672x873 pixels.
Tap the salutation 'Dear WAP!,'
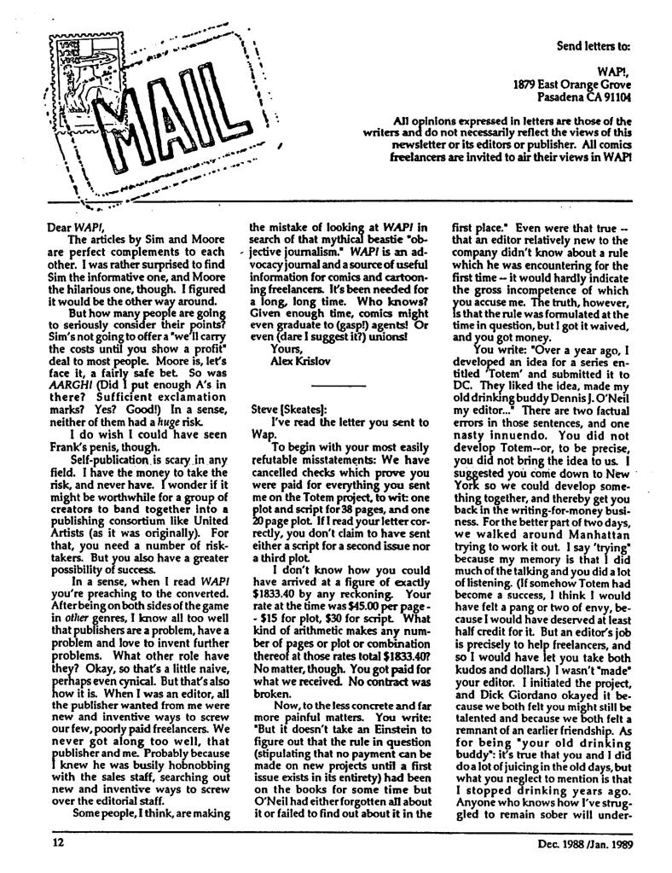(72, 227)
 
